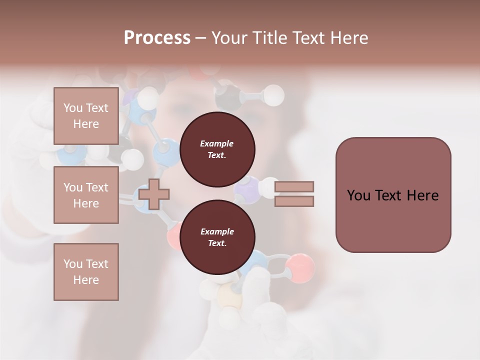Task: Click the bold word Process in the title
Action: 157,38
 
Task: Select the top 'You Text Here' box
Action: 86,116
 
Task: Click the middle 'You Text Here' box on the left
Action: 86,195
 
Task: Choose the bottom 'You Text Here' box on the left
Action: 86,272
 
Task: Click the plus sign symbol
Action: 154,194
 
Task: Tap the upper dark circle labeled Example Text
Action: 217,149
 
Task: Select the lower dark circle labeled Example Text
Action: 217,237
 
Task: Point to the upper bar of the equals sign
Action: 294,186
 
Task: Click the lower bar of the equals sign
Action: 294,201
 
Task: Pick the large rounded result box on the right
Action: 393,195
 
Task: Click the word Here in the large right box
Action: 422,195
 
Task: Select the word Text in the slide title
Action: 310,38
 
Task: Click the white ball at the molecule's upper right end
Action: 273,95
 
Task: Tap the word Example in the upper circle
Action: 217,143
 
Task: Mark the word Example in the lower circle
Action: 217,231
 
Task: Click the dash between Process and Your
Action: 200,38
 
